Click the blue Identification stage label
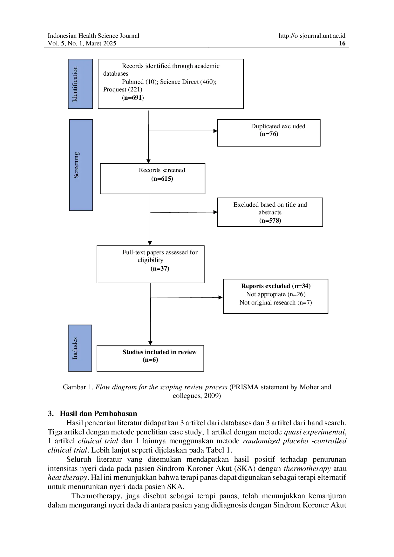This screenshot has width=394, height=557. click(80, 84)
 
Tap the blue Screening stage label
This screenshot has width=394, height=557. click(81, 165)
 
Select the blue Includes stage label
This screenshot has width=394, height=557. click(80, 348)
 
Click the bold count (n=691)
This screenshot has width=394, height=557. click(133, 98)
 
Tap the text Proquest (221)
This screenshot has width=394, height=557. click(123, 90)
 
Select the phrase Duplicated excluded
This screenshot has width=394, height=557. click(278, 126)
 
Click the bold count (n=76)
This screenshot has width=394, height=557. click(269, 134)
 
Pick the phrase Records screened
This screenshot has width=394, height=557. click(162, 170)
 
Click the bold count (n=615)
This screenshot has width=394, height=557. click(162, 179)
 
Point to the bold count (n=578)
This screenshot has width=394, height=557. click(270, 221)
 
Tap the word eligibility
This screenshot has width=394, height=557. click(150, 260)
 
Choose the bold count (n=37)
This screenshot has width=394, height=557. click(160, 269)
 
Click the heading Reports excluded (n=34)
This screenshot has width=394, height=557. click(276, 286)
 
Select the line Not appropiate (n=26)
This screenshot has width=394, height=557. click(276, 294)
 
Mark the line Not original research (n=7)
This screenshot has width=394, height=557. click(276, 303)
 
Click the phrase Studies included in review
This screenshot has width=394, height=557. click(160, 352)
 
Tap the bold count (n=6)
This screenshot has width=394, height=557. click(150, 360)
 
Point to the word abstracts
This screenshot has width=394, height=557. click(270, 212)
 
